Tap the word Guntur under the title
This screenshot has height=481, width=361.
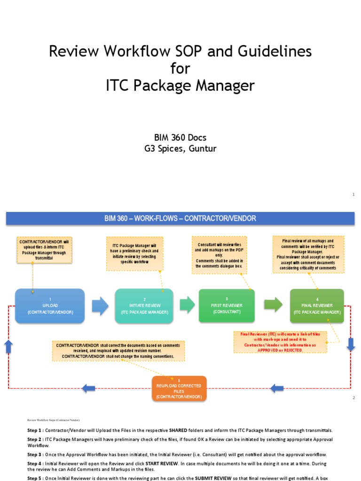click(201, 149)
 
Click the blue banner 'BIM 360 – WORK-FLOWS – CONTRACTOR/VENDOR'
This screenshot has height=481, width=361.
click(180, 218)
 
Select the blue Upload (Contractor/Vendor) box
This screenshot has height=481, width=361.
click(50, 306)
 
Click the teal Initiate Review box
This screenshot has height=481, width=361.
click(144, 306)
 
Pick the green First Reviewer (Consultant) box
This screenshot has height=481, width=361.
click(227, 306)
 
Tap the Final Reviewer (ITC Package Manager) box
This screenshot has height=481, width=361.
click(317, 306)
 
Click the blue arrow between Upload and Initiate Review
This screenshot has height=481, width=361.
click(100, 306)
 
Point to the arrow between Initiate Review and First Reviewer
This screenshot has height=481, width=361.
click(187, 305)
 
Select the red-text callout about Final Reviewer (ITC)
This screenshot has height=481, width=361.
click(280, 342)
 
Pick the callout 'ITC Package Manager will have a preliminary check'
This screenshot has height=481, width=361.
click(134, 254)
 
